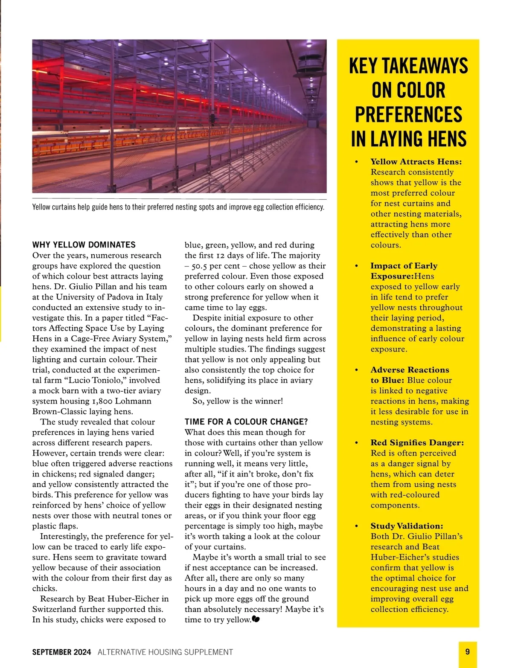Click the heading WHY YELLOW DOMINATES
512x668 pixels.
tap(84, 245)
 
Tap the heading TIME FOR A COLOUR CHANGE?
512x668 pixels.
tap(246, 422)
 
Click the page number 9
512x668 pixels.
tap(468, 652)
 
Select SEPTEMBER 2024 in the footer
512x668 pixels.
tap(61, 652)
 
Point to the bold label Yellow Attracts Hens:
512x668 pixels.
tap(416, 162)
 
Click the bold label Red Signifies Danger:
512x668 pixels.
tap(417, 443)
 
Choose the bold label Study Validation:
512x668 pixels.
tap(407, 526)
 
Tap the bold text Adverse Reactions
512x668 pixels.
tap(410, 370)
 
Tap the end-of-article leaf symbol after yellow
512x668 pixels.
tap(256, 619)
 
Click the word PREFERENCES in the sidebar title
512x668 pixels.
tap(408, 115)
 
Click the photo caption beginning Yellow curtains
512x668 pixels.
tap(178, 207)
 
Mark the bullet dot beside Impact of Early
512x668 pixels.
tap(357, 266)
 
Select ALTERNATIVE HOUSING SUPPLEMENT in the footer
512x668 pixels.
tap(165, 652)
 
